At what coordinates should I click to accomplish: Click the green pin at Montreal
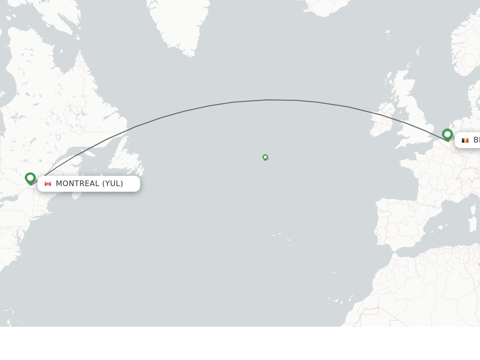coord(30,178)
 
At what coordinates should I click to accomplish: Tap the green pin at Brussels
coord(447,135)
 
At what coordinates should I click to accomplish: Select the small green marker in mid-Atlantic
coord(265,157)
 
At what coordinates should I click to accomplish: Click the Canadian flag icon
coord(48,184)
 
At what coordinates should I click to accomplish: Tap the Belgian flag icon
coord(465,140)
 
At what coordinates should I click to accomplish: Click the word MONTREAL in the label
coord(77,184)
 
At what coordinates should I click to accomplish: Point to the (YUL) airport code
coord(112,184)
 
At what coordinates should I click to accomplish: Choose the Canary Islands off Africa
coord(337,300)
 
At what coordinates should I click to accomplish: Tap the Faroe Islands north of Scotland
coord(388,33)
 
